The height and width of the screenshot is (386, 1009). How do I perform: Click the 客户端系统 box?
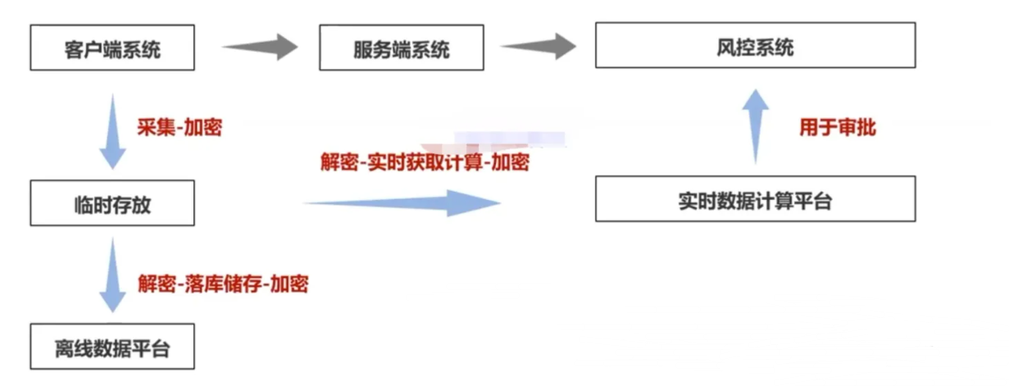point(112,48)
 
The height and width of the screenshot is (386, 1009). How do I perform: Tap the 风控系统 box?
point(755,46)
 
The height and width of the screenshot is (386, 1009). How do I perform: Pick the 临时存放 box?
point(112,203)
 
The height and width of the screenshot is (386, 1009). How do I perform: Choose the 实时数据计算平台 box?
point(755,200)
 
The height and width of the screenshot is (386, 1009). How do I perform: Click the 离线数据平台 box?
point(112,347)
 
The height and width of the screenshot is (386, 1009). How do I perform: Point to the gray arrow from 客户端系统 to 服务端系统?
point(260,48)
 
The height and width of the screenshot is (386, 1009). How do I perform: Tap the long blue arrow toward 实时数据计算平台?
point(402,202)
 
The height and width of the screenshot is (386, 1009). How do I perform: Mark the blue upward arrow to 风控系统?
point(757,125)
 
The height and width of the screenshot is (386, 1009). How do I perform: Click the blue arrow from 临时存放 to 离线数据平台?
point(112,275)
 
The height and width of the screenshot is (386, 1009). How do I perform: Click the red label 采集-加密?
point(179,128)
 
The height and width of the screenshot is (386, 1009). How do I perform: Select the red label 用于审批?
point(838,127)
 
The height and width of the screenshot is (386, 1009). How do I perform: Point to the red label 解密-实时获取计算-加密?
point(425,162)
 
